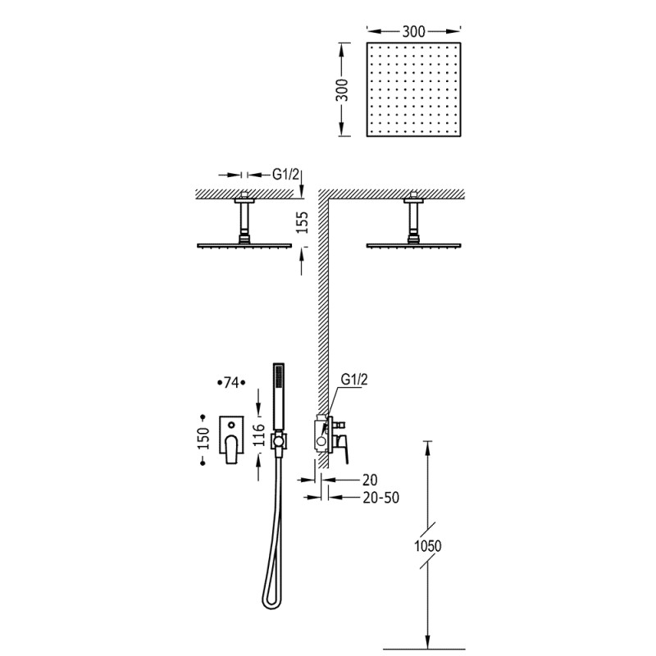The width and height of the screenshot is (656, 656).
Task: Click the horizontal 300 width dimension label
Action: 413,31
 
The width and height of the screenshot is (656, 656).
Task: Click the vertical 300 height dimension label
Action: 341,90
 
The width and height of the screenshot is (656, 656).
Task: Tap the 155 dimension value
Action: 301,222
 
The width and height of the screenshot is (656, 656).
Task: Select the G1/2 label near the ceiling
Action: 285,174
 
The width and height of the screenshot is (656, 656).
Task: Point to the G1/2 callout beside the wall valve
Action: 354,380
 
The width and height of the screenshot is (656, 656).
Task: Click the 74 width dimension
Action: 231,382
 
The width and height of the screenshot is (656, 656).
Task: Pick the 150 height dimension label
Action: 203,439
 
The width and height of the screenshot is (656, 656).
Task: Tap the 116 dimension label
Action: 259,435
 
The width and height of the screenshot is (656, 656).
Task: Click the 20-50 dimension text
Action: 380,498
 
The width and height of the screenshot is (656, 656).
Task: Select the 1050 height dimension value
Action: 427,545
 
